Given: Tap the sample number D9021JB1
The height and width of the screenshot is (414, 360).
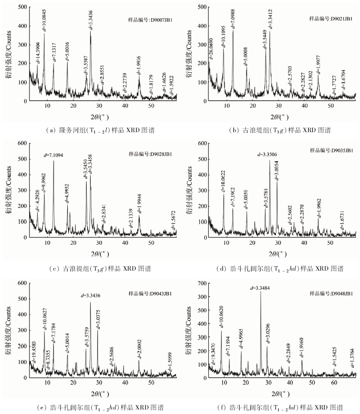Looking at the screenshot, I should (331, 20).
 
